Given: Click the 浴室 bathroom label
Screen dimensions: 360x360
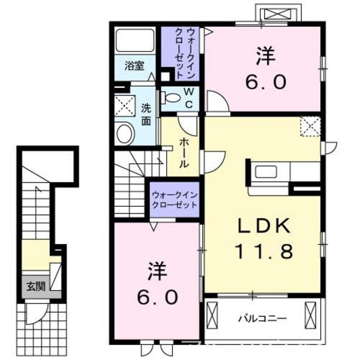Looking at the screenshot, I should [134, 66].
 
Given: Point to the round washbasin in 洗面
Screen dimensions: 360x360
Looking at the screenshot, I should [125, 133].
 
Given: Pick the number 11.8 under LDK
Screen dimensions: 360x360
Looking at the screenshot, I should [264, 252].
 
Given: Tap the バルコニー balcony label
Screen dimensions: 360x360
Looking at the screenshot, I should [262, 318].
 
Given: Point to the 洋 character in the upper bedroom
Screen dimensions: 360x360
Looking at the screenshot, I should [264, 57].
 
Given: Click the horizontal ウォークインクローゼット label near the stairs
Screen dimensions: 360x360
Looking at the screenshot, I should [174, 200].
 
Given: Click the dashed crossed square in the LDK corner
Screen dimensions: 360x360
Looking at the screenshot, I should [310, 126].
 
